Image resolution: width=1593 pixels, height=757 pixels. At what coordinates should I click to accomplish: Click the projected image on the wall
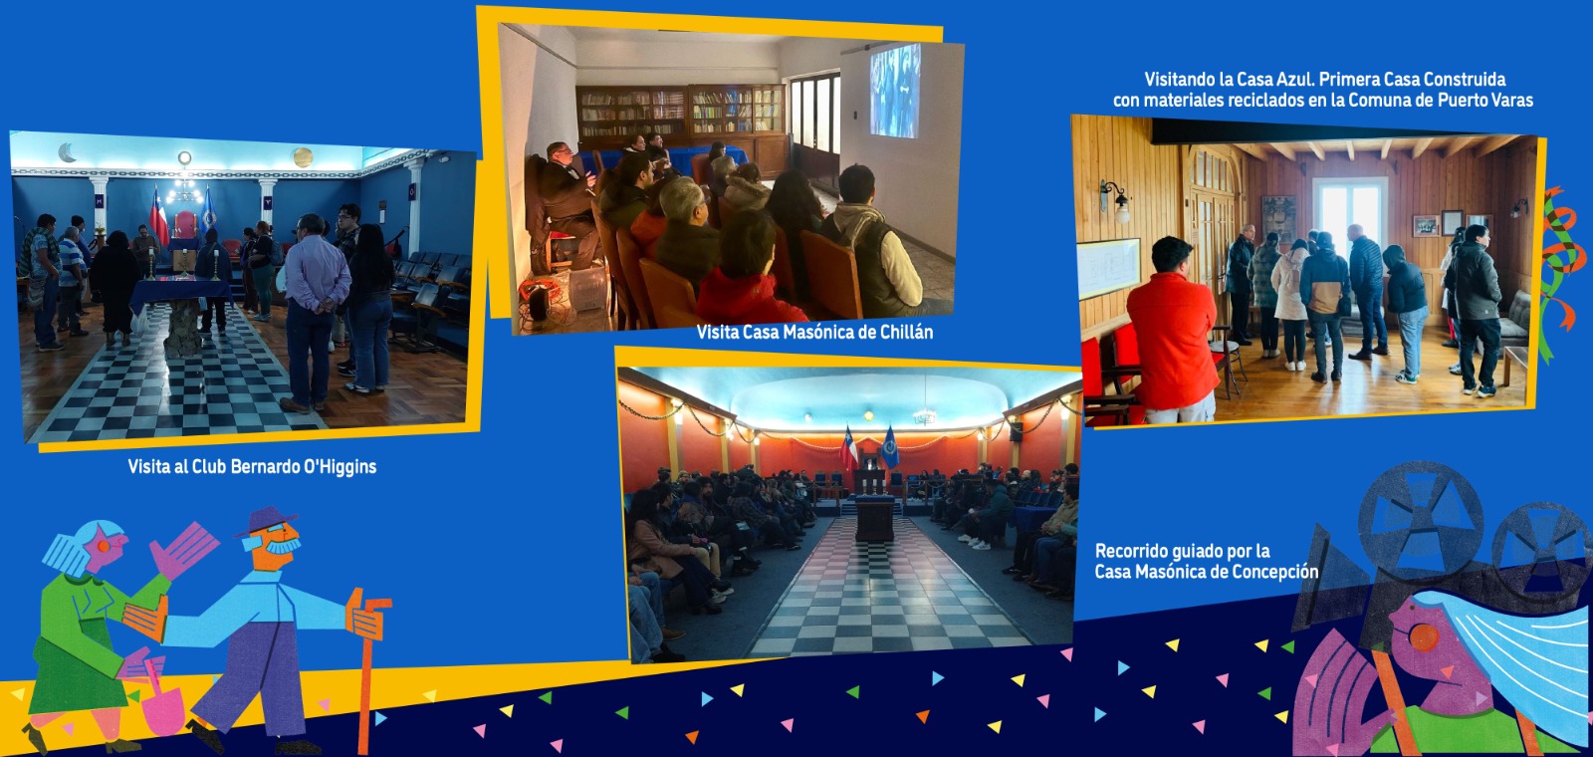click(x=895, y=91)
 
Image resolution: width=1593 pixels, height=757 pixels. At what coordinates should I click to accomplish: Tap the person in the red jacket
click(x=1173, y=330)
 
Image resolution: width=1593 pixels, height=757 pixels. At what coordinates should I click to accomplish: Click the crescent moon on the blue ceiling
click(x=66, y=152)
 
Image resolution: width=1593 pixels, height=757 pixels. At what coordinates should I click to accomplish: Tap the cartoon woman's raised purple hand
click(x=183, y=548)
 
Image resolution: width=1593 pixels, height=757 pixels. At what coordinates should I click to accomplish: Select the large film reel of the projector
click(x=1420, y=521)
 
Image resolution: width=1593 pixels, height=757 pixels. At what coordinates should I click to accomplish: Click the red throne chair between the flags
click(x=184, y=226)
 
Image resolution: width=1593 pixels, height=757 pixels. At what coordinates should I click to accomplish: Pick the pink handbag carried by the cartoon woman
click(x=163, y=705)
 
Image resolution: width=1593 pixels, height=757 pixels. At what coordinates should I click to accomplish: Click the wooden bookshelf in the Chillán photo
click(x=680, y=113)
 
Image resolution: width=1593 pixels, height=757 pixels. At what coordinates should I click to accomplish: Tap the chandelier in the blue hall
click(x=185, y=184)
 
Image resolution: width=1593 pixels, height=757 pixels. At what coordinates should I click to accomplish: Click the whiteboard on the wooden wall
click(x=1109, y=267)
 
